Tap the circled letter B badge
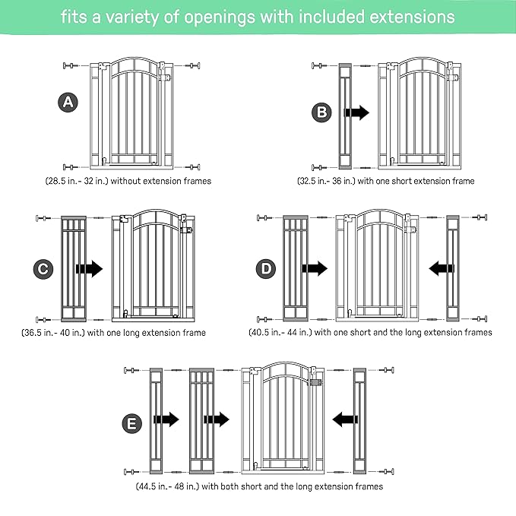pyautogui.click(x=322, y=112)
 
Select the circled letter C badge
pyautogui.click(x=45, y=269)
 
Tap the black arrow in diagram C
pyautogui.click(x=89, y=269)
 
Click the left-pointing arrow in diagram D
pyautogui.click(x=441, y=268)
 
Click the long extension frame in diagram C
pyautogui.click(x=74, y=268)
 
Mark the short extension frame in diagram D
pyautogui.click(x=454, y=268)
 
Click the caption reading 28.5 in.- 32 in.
pyautogui.click(x=127, y=181)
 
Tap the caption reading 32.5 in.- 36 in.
pyautogui.click(x=385, y=181)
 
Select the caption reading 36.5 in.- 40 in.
pyautogui.click(x=113, y=332)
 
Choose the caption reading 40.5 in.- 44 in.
pyautogui.click(x=370, y=332)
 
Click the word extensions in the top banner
pyautogui.click(x=410, y=17)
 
